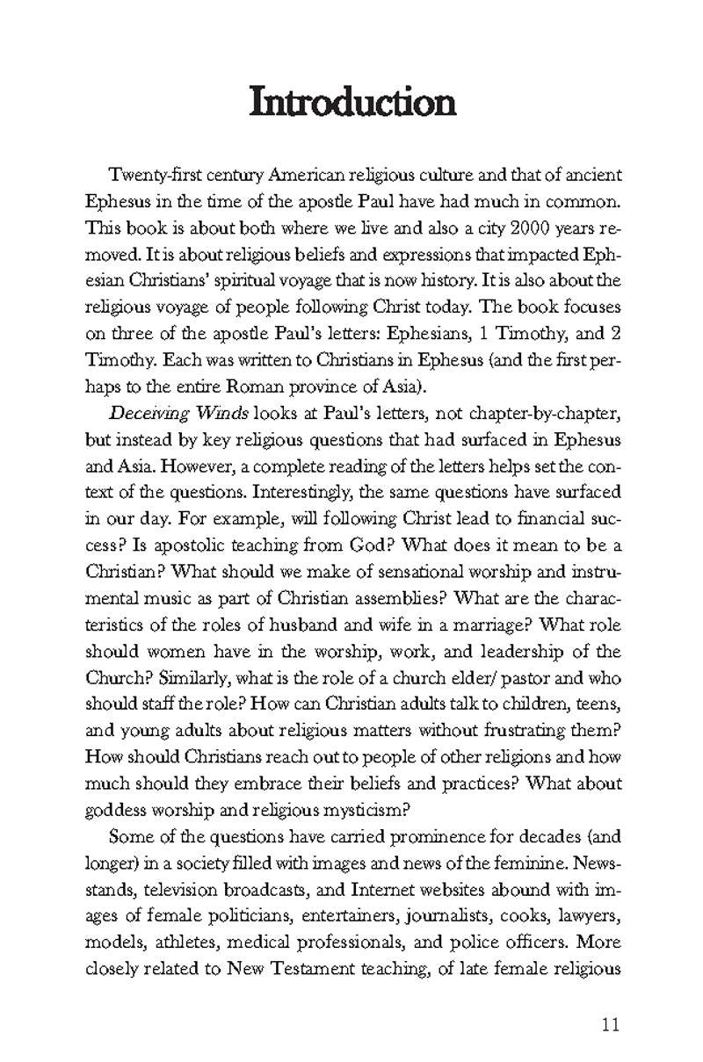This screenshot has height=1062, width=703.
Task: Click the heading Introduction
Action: pyautogui.click(x=352, y=103)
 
